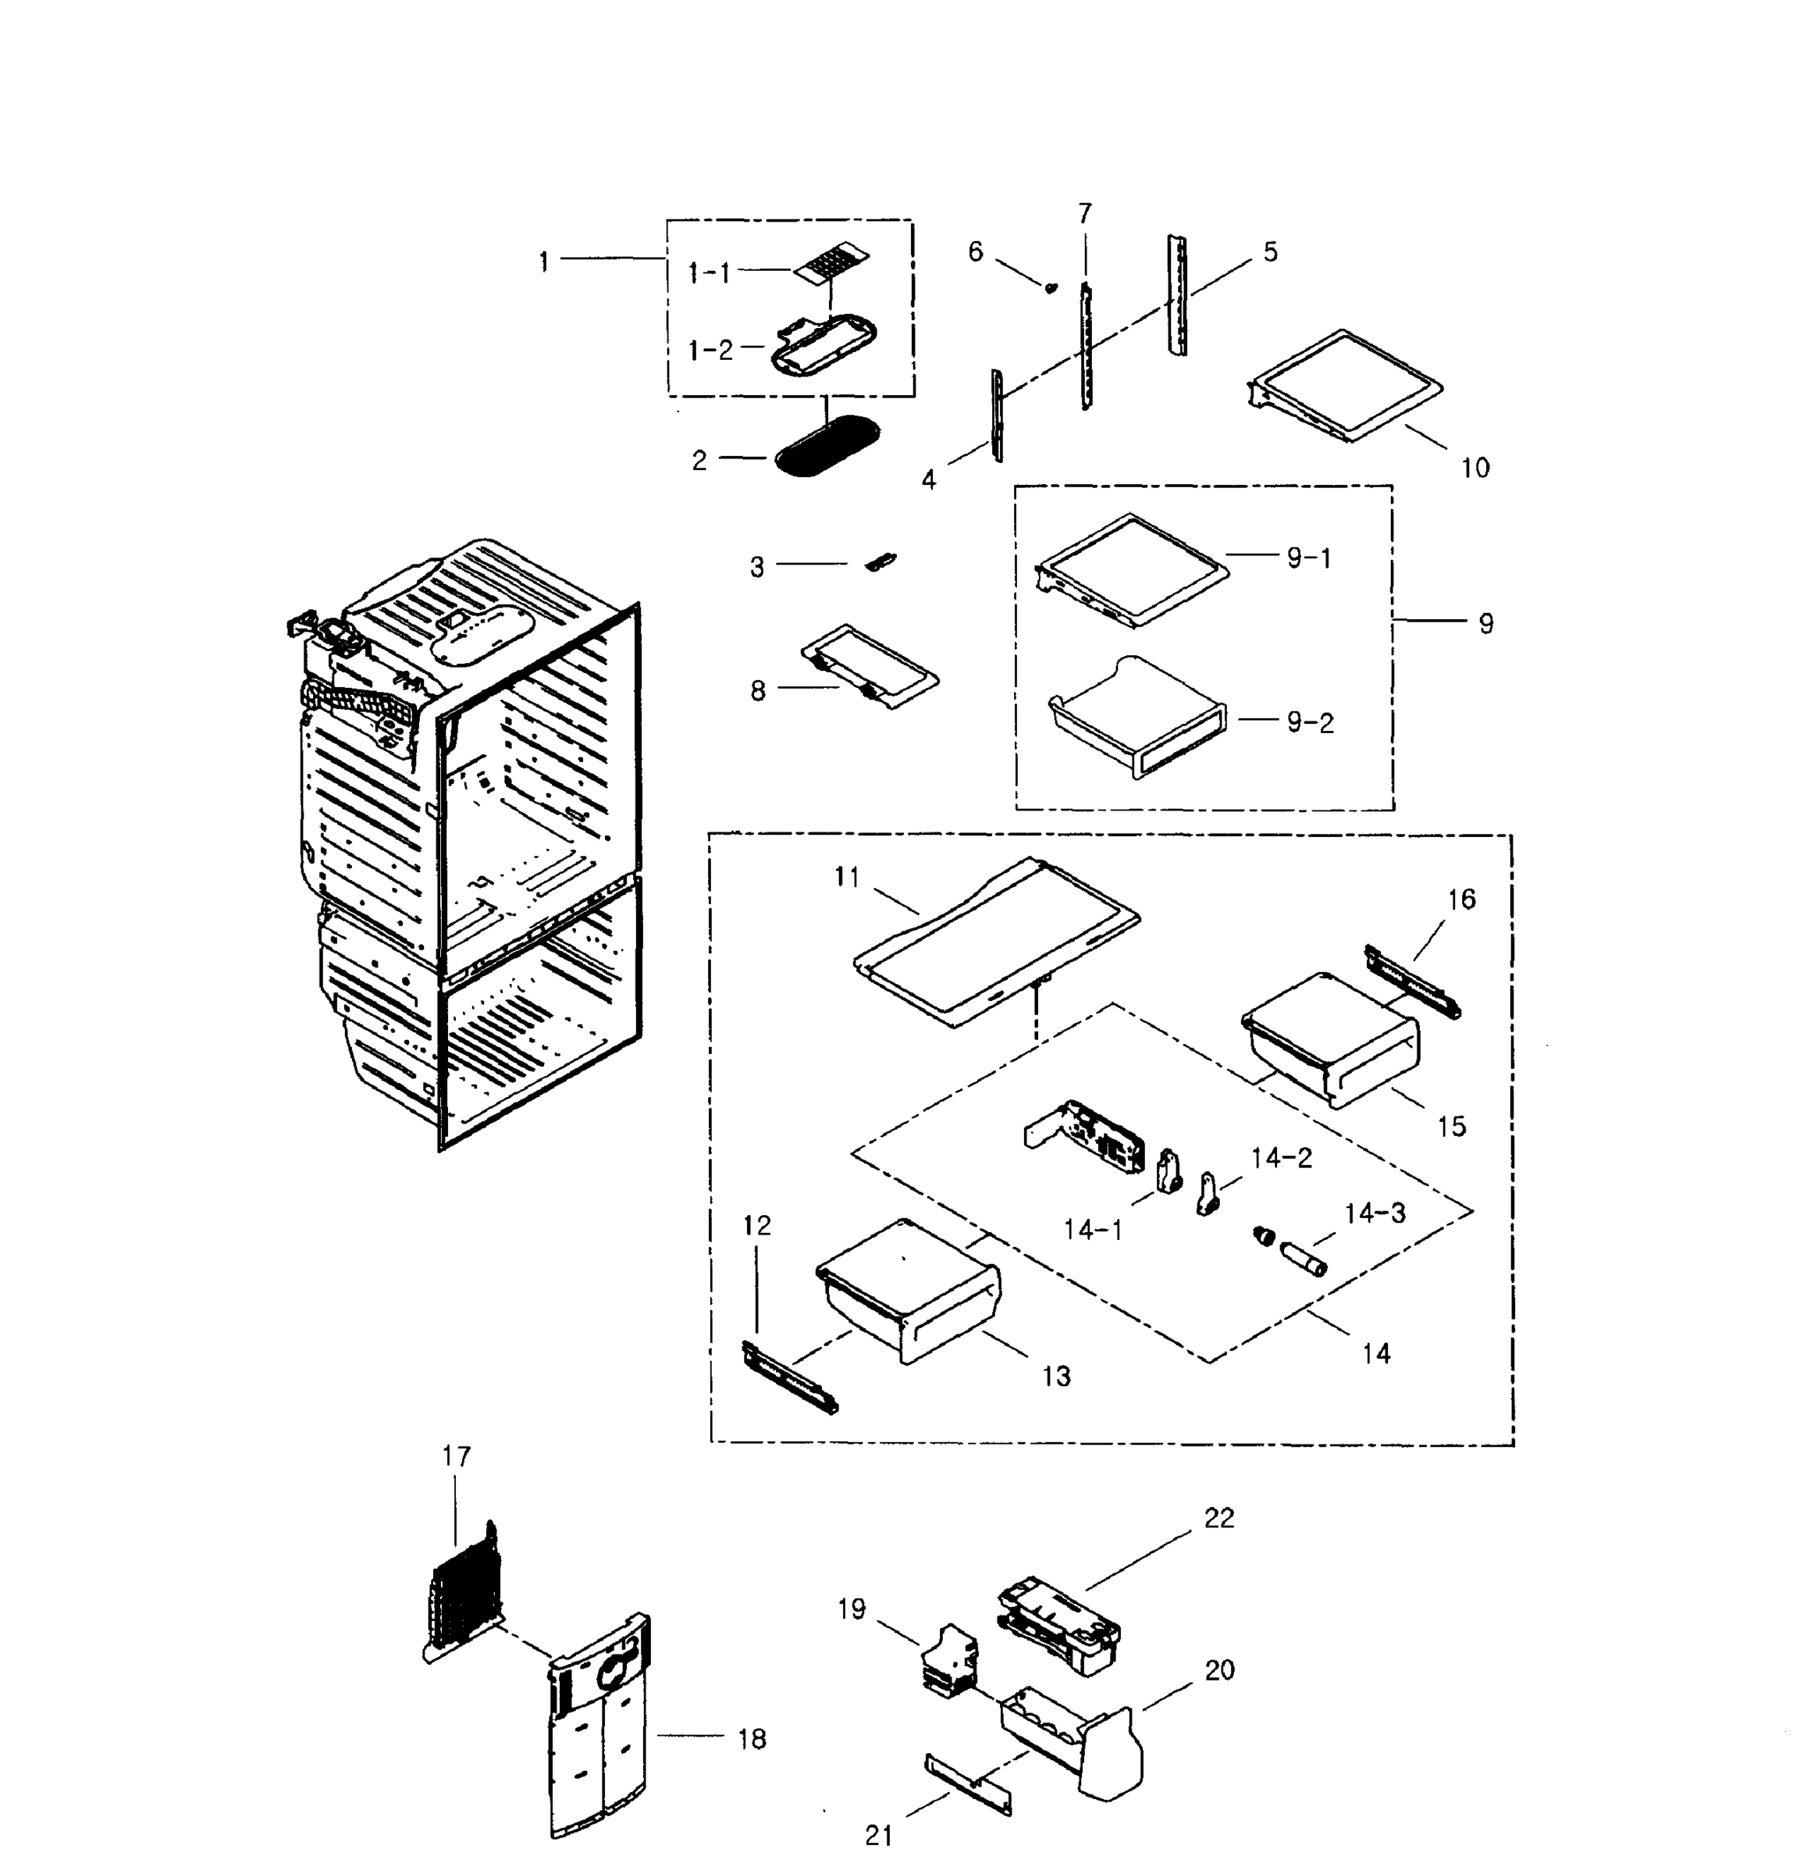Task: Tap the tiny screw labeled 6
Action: tap(1051, 287)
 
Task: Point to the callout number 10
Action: tap(1475, 468)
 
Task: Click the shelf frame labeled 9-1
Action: tap(1133, 570)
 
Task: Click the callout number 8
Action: tap(758, 690)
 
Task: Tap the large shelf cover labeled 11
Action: tap(994, 942)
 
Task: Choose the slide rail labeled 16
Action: tap(1413, 982)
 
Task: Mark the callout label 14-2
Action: tap(1281, 1159)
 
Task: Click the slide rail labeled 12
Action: tap(788, 1377)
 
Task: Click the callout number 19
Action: tap(851, 1609)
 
